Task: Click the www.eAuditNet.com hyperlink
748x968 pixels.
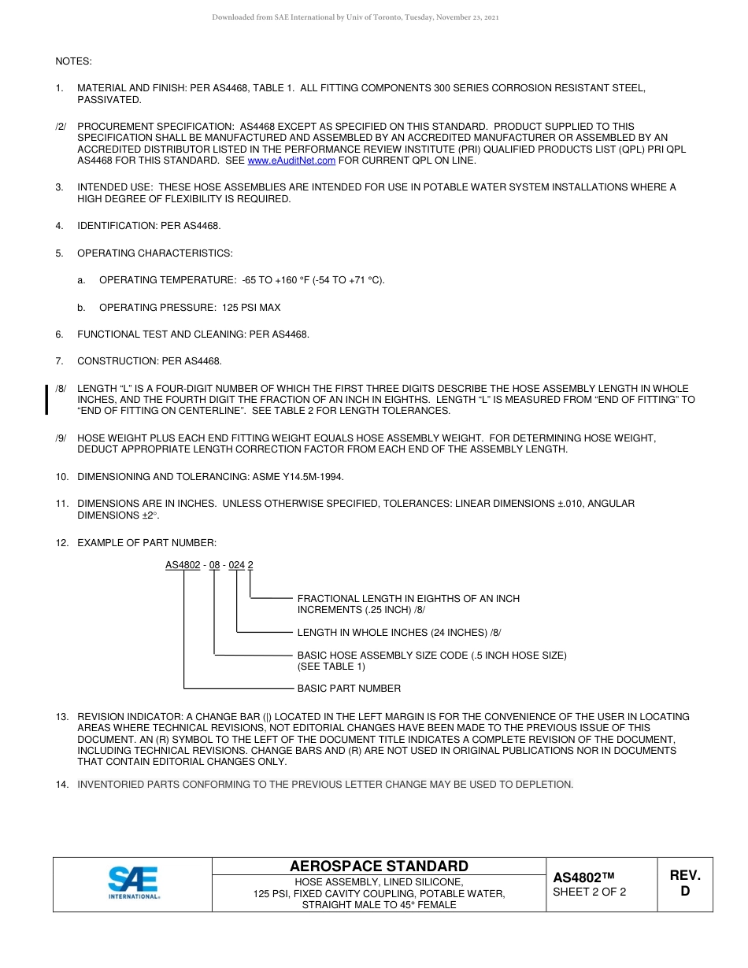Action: tap(291, 161)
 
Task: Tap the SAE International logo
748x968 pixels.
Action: tap(133, 883)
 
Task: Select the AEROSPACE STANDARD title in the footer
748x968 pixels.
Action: tap(379, 866)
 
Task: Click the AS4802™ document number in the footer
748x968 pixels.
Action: tap(583, 877)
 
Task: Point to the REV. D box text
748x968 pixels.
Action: tap(684, 883)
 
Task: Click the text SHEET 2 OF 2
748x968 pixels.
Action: tap(589, 892)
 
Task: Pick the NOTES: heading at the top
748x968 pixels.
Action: tap(73, 61)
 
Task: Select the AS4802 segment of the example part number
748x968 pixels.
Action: tap(183, 564)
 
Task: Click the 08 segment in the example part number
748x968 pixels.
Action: tap(215, 564)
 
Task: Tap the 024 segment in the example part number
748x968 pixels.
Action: tap(237, 564)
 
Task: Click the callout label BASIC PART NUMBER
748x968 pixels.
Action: tap(349, 689)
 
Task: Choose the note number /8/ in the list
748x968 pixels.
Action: tap(61, 389)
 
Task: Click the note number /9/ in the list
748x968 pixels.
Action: tap(61, 438)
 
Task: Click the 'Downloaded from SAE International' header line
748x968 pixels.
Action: tap(355, 17)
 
